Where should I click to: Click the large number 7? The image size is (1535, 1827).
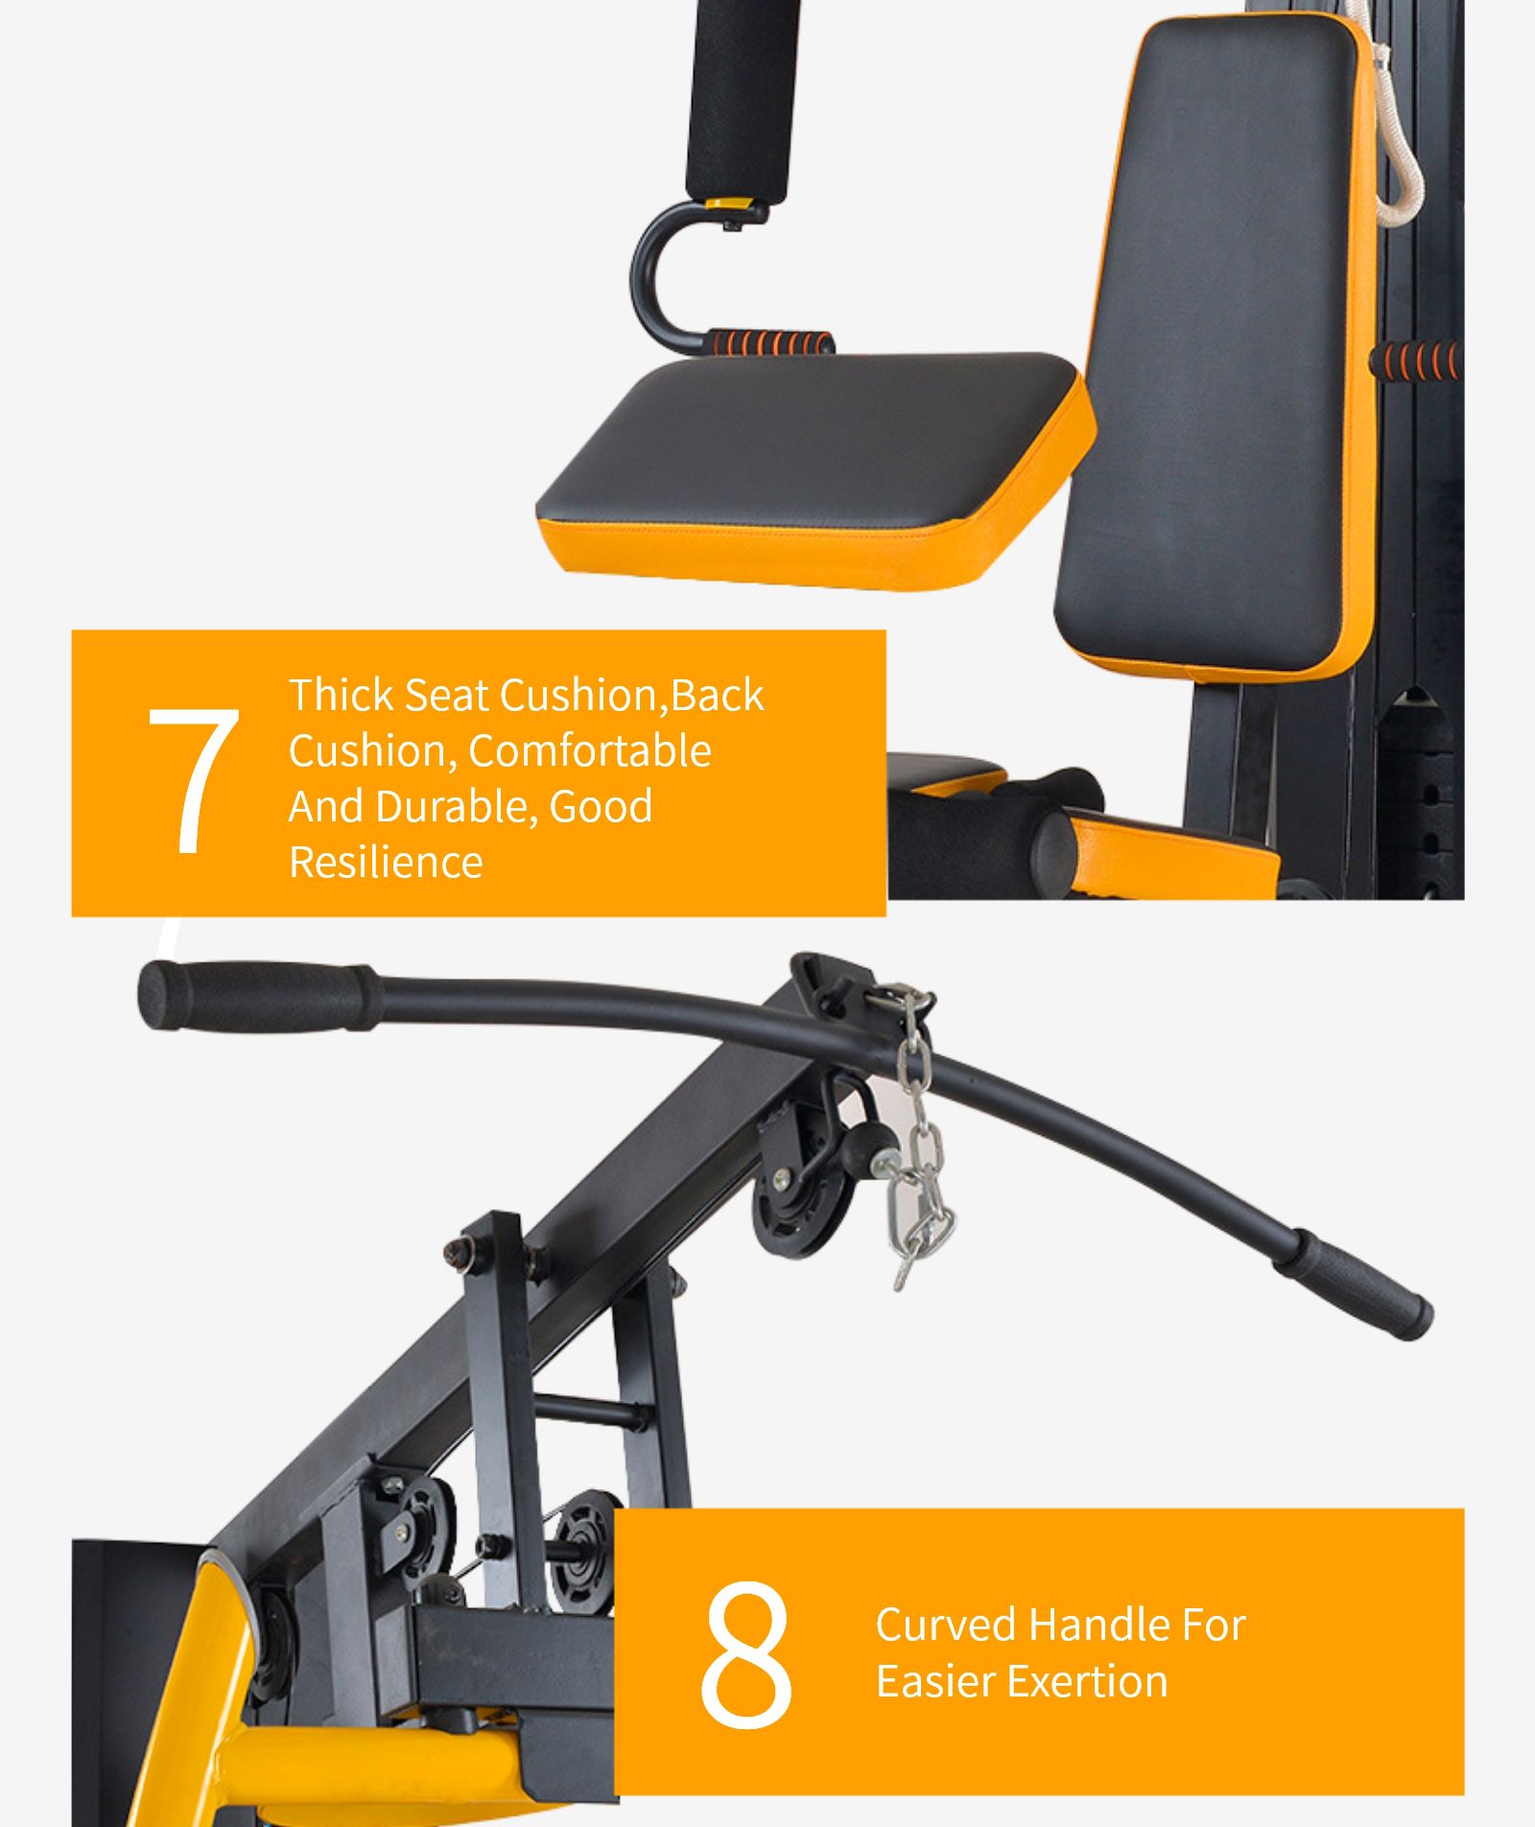pos(194,779)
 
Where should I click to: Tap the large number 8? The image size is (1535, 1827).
pos(746,1654)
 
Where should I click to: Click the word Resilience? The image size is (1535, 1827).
pos(386,862)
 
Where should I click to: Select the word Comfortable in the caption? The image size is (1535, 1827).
pos(589,750)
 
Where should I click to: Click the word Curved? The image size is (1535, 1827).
pos(945,1625)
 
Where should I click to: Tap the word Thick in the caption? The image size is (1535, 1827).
pos(341,695)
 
